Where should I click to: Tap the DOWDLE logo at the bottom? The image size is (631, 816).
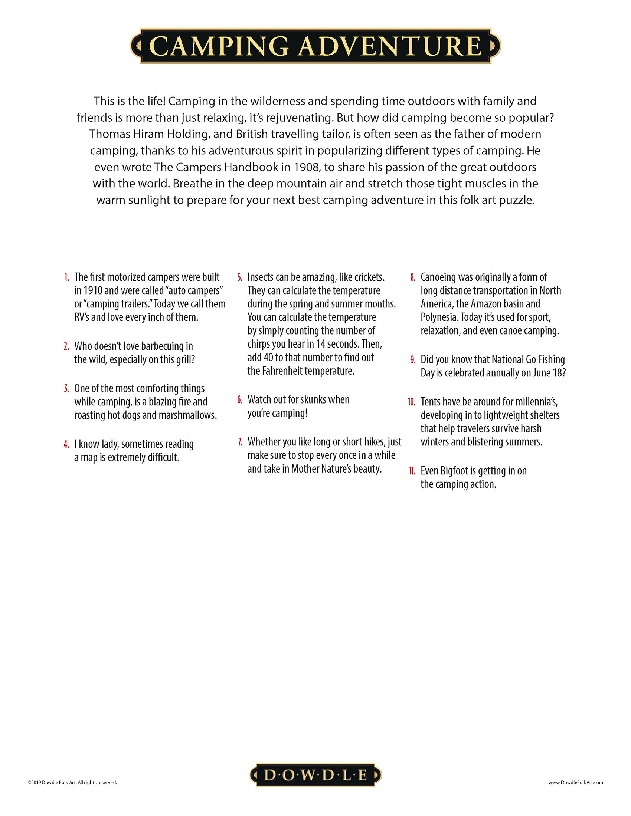tap(315, 774)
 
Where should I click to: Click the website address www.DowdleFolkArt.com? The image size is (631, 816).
tap(576, 782)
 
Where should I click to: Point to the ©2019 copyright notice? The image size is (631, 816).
tap(72, 782)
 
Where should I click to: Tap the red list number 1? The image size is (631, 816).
tap(66, 277)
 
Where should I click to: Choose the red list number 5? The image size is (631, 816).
tap(240, 277)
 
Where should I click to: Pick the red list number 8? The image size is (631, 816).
tap(413, 277)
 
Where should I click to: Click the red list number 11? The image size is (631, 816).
tap(412, 471)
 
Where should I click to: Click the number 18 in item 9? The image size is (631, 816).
tap(557, 373)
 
